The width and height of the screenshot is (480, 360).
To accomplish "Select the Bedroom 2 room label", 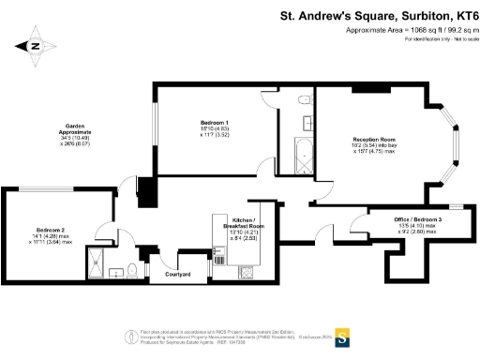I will [51, 230].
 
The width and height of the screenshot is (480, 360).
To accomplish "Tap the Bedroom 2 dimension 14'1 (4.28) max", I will [50, 236].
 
